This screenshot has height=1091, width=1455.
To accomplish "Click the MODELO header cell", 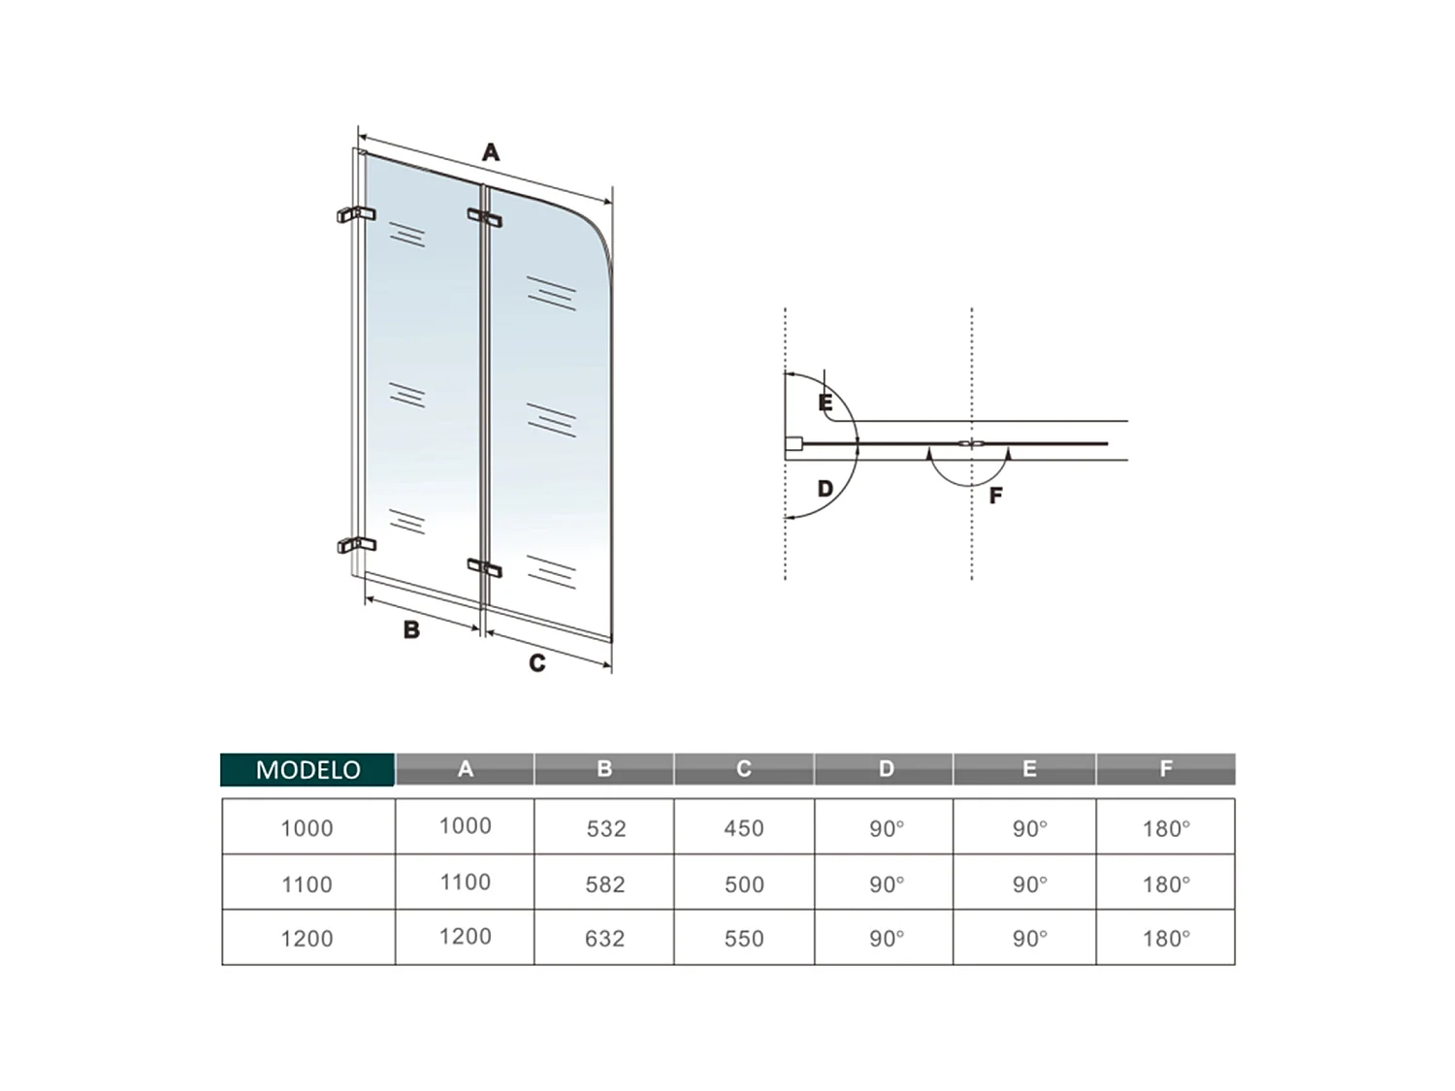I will [x=307, y=769].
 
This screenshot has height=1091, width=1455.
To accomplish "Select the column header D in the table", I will [x=886, y=769].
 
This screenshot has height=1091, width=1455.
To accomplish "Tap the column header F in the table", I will [x=1166, y=769].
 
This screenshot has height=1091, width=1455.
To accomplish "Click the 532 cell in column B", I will [x=605, y=828].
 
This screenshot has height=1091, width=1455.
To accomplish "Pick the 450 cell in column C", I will [x=744, y=828].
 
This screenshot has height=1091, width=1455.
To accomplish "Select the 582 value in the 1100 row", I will [x=605, y=883].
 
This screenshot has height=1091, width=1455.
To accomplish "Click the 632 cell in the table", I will [x=605, y=938].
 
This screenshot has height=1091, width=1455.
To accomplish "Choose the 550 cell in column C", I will [x=744, y=938].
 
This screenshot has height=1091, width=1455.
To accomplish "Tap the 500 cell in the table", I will [x=744, y=883].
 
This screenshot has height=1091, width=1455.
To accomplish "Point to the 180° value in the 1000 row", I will [x=1166, y=828].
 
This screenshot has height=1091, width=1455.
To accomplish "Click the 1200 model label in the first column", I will [x=307, y=938].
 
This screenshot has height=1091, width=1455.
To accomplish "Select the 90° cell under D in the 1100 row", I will [x=886, y=883].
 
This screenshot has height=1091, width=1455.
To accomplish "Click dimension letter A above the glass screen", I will [x=491, y=152].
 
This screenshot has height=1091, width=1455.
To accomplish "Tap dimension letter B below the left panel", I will [x=411, y=630].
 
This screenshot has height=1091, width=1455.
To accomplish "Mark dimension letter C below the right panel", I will [x=537, y=663].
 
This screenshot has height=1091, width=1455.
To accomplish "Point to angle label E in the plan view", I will [x=825, y=402].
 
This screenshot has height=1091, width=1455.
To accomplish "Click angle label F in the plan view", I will [x=995, y=496].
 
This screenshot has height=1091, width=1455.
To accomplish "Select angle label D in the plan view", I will [x=825, y=488].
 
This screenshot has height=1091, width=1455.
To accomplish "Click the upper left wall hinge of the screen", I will [x=355, y=214].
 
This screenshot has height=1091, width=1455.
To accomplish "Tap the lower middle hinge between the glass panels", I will [x=485, y=567].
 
